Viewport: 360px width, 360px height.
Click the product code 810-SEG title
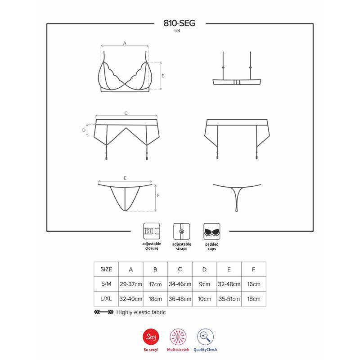point(180,23)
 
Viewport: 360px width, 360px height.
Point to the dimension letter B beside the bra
point(163,76)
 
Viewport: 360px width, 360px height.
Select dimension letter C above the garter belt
point(126,113)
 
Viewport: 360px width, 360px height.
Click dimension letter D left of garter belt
point(84,130)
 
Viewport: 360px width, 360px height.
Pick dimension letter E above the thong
point(125,178)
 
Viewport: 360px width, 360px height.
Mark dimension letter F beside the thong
point(158,196)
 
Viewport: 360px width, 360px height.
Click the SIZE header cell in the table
point(106,270)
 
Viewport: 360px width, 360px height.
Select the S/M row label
point(106,284)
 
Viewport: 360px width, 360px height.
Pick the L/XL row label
point(106,298)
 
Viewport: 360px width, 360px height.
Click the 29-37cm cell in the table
point(131,284)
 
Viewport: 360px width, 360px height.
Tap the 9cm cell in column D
point(204,284)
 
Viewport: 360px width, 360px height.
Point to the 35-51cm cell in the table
point(229,298)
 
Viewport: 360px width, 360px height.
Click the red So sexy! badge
point(151,336)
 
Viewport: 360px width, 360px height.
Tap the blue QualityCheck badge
point(206,336)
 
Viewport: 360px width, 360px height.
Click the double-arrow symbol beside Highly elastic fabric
point(103,312)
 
